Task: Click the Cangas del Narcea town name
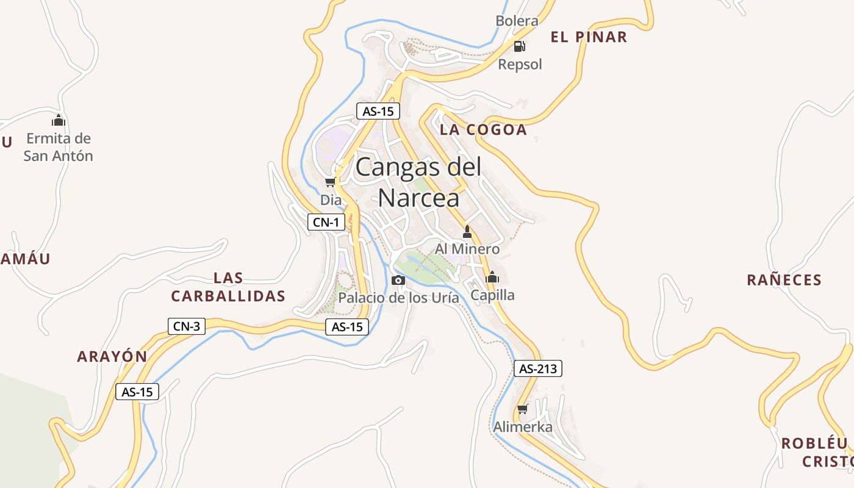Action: point(418,182)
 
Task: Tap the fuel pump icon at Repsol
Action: point(519,46)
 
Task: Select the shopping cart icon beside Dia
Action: point(330,182)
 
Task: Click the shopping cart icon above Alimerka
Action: point(522,409)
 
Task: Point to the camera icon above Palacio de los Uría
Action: point(398,280)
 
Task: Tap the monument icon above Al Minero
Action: point(467,231)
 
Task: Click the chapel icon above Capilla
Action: point(492,277)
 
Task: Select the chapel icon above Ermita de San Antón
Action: point(59,120)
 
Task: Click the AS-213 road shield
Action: point(537,368)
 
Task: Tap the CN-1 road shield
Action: point(326,222)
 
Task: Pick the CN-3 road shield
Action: point(187,326)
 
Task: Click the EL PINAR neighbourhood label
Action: point(589,37)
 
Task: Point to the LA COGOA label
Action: point(483,129)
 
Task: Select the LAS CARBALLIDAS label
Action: point(228,287)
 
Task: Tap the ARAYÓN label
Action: point(112,357)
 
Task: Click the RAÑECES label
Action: point(784,280)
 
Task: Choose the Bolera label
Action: point(517,21)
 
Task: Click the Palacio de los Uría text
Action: point(398,298)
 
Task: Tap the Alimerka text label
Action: point(523,427)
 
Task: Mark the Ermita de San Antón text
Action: point(59,147)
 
